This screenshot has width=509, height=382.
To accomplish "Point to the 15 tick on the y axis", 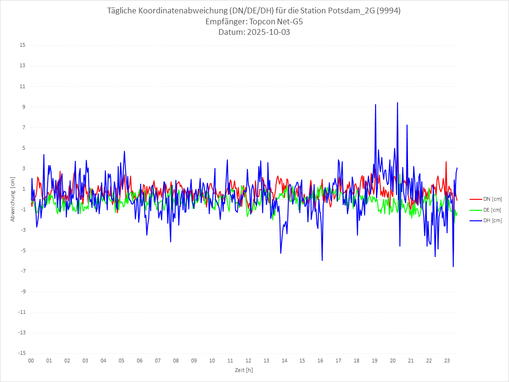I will [22, 45].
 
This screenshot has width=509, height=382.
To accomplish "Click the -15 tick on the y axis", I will [21, 353].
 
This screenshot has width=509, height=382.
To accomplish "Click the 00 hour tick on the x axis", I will [31, 361].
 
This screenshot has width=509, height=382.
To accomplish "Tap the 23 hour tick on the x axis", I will [447, 361].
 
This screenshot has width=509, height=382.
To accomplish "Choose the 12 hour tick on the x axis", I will [248, 361].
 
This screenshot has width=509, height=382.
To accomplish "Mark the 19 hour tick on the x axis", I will [375, 361].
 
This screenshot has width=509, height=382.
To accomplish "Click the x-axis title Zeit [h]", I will [244, 370].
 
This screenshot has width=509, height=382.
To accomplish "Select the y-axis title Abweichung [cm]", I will [13, 199].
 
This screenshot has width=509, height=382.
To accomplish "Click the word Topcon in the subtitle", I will [263, 22].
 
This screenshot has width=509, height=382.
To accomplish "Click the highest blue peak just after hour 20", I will [397, 103].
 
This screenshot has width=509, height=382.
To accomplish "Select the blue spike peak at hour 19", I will [376, 104].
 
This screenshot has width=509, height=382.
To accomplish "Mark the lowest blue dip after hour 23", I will [453, 267].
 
